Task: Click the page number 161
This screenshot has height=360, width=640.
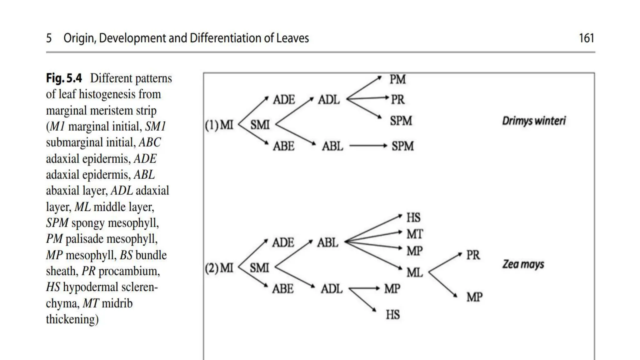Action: coord(586,38)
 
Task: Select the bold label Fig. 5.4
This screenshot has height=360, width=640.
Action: coord(64,78)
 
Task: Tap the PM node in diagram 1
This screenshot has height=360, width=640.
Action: coord(397,79)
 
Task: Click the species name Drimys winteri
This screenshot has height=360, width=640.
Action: coord(534,121)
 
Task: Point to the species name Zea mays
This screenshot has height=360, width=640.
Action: coord(523,264)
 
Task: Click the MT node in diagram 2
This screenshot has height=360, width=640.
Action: coord(415,234)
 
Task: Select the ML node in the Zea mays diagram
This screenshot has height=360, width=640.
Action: coord(415,272)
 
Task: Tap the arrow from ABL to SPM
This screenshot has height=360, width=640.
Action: coord(368,146)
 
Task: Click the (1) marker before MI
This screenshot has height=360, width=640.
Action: coord(212,125)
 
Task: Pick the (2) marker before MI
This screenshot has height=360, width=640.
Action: coord(212,268)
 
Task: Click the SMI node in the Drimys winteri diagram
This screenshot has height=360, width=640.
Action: coord(260,125)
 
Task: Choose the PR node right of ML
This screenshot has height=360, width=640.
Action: coord(473,255)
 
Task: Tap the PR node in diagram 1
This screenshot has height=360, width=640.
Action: coord(398,100)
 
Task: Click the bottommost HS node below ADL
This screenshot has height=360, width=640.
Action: coord(392,314)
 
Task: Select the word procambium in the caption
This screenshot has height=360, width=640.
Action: coord(129,271)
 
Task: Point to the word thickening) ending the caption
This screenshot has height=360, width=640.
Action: coord(72,319)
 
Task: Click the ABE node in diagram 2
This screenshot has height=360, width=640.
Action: coord(283,289)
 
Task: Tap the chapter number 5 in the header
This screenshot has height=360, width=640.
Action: coord(49,38)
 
